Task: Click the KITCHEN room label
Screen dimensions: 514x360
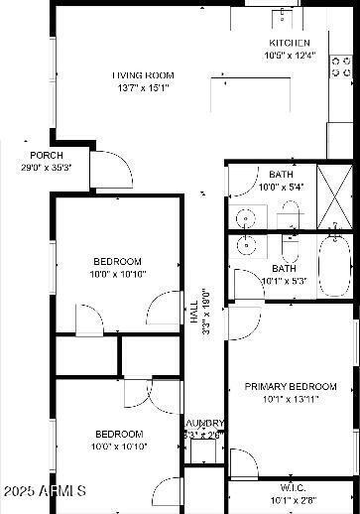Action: click(290, 43)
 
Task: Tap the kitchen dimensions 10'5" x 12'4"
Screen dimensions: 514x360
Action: click(290, 56)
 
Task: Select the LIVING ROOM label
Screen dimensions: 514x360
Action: click(143, 75)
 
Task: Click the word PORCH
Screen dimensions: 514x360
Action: click(47, 156)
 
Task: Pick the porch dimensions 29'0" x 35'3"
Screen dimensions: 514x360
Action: click(47, 168)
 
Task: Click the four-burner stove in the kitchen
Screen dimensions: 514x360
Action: click(341, 65)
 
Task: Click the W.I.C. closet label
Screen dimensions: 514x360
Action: click(293, 487)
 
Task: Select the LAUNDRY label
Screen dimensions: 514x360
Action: click(205, 424)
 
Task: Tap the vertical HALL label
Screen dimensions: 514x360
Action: click(193, 313)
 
